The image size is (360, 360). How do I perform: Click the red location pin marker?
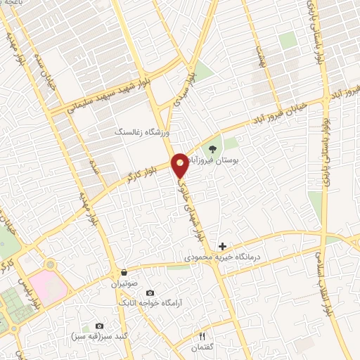(181, 165)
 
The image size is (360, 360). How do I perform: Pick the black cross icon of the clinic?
(223, 246)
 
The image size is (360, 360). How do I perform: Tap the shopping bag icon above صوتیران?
(124, 272)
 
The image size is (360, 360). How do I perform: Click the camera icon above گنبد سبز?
(99, 326)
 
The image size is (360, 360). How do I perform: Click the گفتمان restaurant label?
(203, 347)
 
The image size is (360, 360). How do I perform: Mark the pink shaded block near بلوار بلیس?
(53, 285)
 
